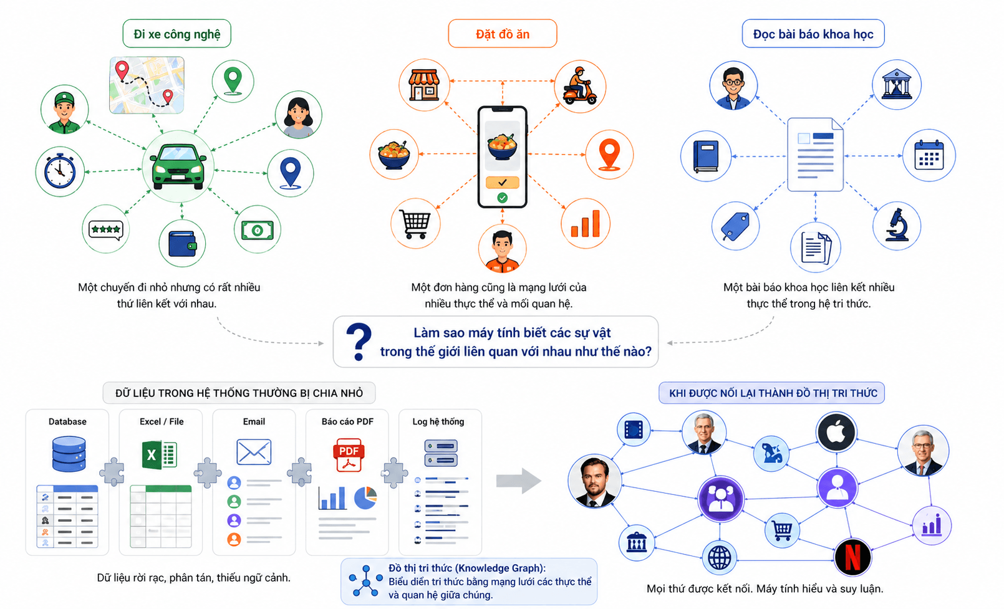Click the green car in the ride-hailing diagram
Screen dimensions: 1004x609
tap(178, 166)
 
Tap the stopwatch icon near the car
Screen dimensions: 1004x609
tap(60, 171)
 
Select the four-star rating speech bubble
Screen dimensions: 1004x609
tap(106, 231)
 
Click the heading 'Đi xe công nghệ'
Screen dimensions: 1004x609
tap(176, 34)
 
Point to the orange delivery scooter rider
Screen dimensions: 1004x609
tap(580, 86)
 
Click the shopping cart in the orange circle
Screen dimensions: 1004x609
tap(415, 224)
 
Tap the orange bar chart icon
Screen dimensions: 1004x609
tap(586, 224)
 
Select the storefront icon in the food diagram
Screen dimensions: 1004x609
tap(424, 84)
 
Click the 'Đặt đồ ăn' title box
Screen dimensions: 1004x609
tap(503, 34)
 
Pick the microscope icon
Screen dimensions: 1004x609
tap(897, 225)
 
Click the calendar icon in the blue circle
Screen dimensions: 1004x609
tap(929, 155)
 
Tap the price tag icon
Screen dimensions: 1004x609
tap(735, 227)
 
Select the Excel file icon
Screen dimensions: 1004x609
tap(159, 455)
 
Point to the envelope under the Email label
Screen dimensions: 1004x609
tap(254, 452)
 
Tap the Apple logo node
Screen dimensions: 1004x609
tap(836, 433)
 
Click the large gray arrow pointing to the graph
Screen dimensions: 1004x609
tap(519, 481)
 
